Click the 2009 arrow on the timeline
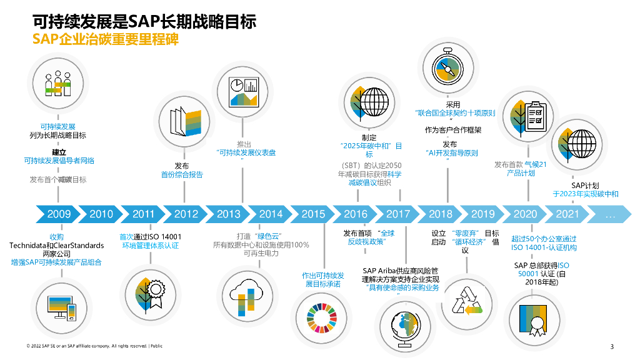coord(58,214)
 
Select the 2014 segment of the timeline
coord(271,214)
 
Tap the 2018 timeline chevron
coord(441,214)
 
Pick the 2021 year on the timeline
coord(567,214)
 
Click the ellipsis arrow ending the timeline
coord(610,214)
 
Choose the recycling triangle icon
coord(466,300)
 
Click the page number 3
coord(612,347)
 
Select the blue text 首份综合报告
coord(182,175)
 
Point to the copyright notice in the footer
coord(94,346)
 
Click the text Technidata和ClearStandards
coord(56,246)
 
